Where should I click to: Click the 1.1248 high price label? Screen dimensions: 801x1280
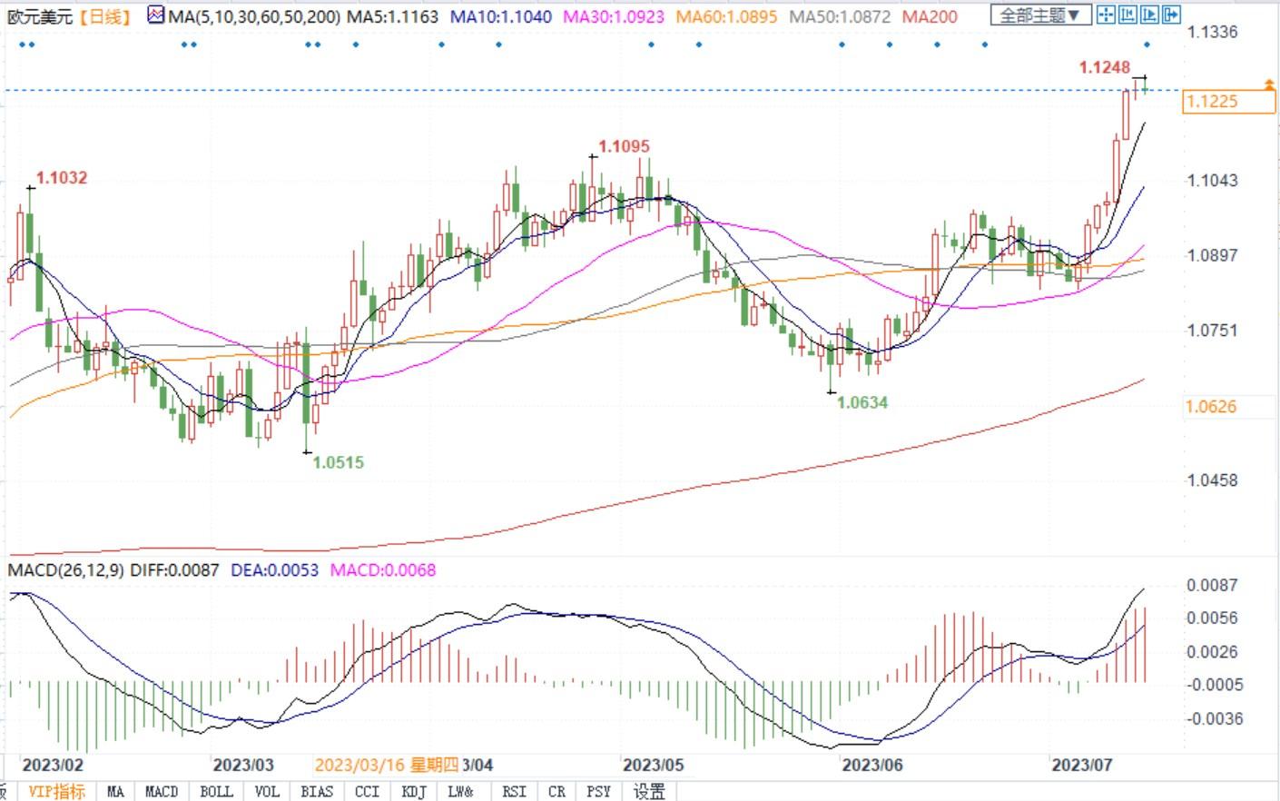click(x=1104, y=67)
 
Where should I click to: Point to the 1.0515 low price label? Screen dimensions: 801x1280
click(x=338, y=462)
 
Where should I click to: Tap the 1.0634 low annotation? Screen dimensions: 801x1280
click(x=862, y=402)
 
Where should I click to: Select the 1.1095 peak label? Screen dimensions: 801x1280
click(x=624, y=146)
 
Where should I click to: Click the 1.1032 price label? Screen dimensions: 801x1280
click(x=62, y=178)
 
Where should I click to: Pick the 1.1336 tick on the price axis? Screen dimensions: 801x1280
click(x=1212, y=32)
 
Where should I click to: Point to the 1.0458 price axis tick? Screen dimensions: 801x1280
click(x=1212, y=480)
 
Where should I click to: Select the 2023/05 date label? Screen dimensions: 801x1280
click(x=653, y=765)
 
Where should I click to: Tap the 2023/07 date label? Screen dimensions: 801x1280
click(x=1081, y=765)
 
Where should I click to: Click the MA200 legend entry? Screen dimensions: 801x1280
click(x=930, y=16)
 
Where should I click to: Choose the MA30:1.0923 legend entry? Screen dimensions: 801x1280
click(x=613, y=16)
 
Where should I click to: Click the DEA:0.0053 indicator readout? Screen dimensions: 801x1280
click(x=274, y=570)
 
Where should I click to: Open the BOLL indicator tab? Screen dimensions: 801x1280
click(x=216, y=791)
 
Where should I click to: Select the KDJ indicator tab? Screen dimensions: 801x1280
click(x=414, y=791)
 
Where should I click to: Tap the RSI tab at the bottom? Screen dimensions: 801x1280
click(x=514, y=791)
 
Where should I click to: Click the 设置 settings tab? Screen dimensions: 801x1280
click(x=649, y=791)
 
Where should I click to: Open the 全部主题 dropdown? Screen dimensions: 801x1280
click(x=1039, y=15)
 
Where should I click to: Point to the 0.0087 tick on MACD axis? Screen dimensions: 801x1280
click(x=1212, y=585)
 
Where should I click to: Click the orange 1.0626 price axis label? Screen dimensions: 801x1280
click(x=1212, y=406)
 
